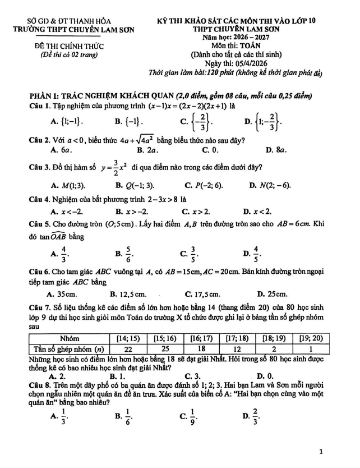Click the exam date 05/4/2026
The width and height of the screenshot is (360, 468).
(247, 65)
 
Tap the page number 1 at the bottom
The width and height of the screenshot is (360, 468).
(320, 451)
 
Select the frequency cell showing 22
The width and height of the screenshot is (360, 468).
(127, 348)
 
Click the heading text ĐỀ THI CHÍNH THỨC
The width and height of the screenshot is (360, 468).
(69, 46)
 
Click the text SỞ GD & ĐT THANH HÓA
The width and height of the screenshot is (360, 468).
(68, 21)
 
